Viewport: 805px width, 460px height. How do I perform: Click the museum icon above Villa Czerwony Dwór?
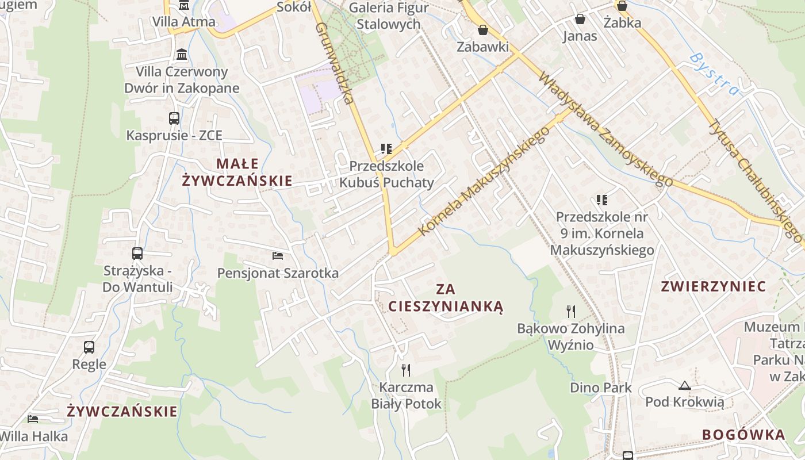(x=182, y=55)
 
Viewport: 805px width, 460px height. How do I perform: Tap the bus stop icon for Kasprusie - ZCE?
(x=174, y=118)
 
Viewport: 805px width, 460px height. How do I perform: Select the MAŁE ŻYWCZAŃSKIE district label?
(x=237, y=172)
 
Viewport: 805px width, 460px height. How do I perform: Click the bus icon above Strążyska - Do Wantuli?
(x=137, y=254)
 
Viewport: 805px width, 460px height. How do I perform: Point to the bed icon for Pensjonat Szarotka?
(x=278, y=255)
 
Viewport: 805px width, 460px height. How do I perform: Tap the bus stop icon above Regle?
(x=89, y=347)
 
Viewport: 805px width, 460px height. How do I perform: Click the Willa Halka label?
(x=34, y=436)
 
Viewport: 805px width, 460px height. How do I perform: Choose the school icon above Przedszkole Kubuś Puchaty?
(x=386, y=149)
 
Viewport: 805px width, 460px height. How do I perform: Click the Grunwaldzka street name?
(x=334, y=63)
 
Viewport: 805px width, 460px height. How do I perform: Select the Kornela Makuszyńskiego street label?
(x=484, y=181)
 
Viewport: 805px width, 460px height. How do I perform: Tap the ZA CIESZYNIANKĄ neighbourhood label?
(x=446, y=298)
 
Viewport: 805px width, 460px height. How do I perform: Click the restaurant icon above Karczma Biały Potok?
(x=406, y=370)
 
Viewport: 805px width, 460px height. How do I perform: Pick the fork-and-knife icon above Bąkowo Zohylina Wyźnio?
(x=571, y=312)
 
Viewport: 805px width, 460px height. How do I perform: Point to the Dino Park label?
(x=601, y=388)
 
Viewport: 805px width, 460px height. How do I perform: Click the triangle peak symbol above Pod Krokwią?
(x=684, y=385)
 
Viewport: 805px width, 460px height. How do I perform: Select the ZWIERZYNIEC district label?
(x=714, y=286)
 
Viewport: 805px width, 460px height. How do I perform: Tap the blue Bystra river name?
(x=714, y=74)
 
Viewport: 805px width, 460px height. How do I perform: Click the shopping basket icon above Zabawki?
(x=483, y=30)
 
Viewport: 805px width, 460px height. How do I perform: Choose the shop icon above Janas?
(x=580, y=20)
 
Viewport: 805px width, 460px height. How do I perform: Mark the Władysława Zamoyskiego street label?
(x=605, y=129)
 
